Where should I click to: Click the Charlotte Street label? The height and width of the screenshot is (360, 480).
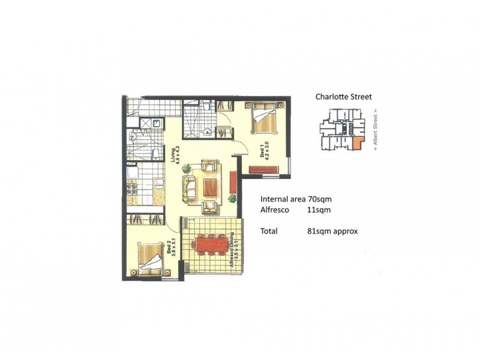344,97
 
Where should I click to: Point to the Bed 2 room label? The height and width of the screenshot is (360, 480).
170,248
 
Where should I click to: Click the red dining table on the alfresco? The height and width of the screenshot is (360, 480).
211,245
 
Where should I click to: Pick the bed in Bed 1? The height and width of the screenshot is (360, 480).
264,118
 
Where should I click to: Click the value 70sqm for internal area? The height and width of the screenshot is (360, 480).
320,199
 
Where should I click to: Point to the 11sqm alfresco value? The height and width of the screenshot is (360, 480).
318,210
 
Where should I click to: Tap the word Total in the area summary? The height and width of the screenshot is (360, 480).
269,230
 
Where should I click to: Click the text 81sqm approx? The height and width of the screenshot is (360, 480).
332,230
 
